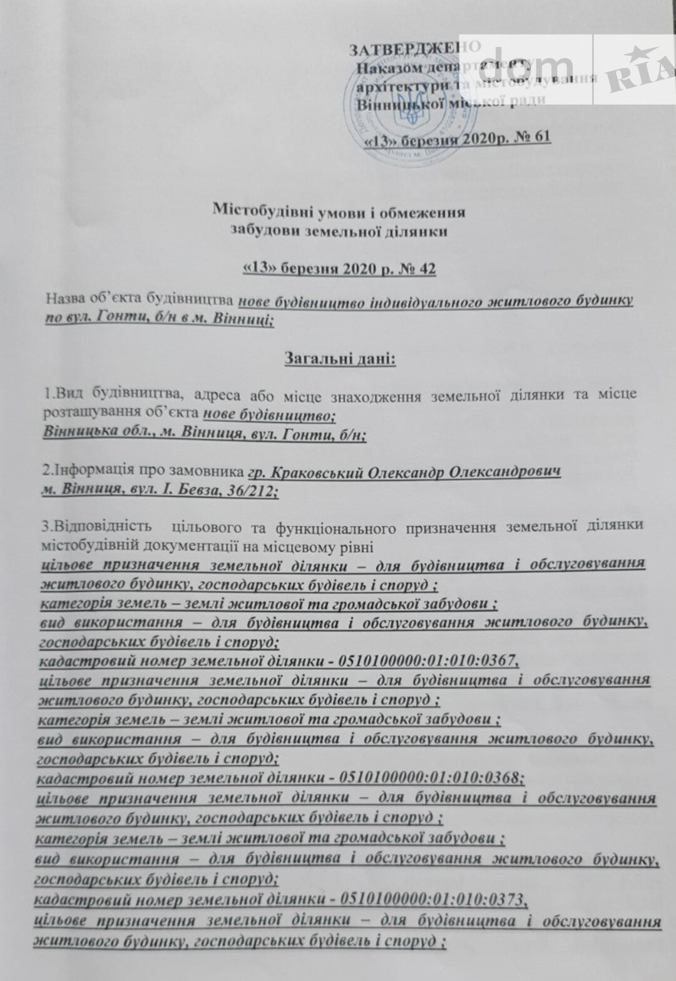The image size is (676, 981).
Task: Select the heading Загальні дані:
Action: (x=338, y=359)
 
